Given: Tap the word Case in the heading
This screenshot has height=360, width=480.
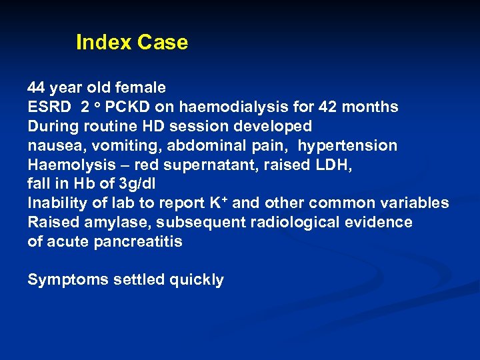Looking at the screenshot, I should [x=163, y=43].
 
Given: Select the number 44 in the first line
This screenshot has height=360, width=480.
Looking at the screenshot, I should [x=36, y=88].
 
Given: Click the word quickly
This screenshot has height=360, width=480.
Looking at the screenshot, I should [x=197, y=280].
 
